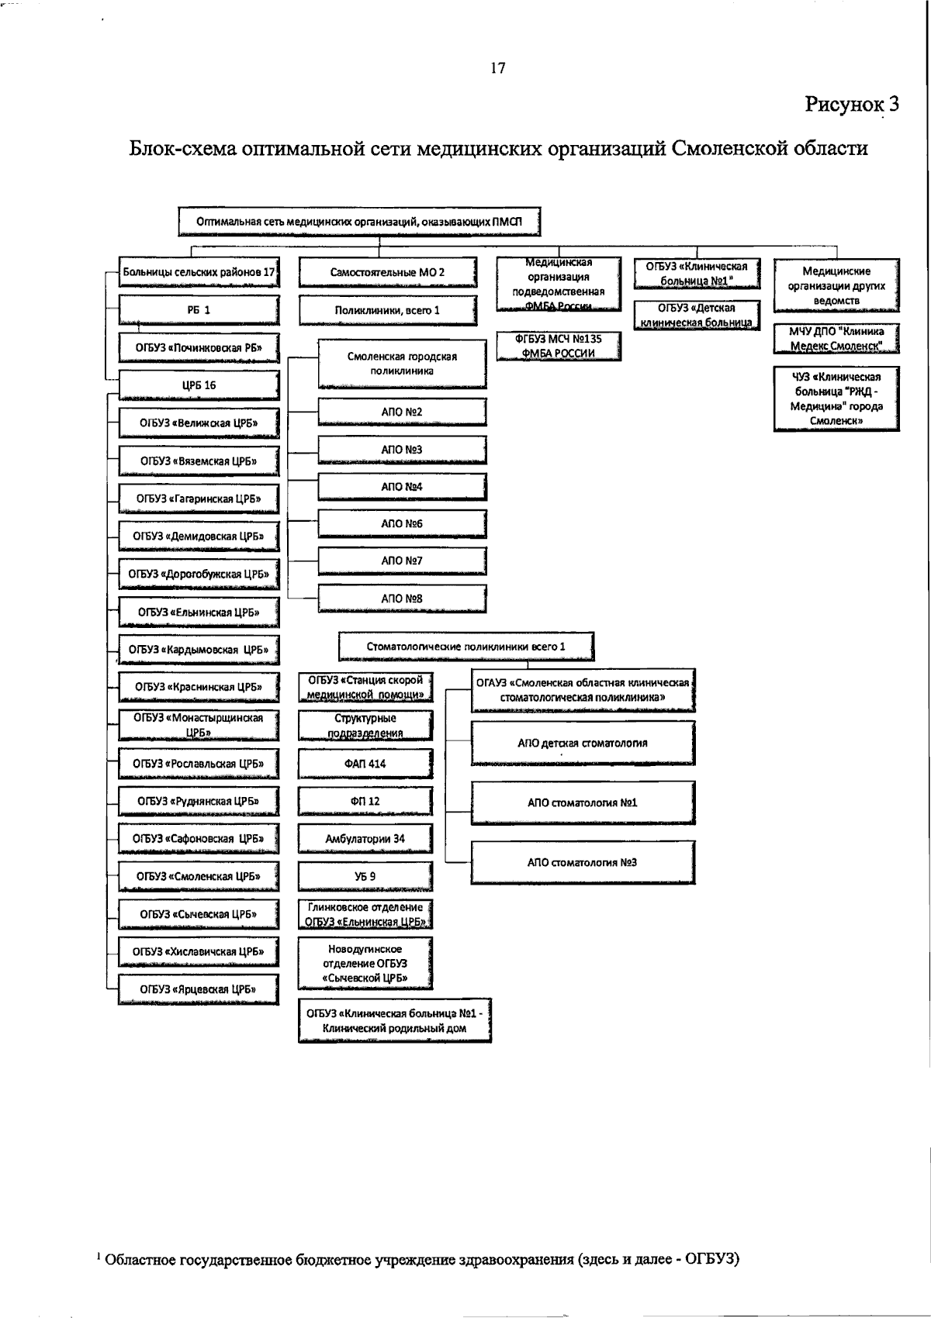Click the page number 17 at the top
click(498, 68)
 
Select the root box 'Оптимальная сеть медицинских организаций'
click(359, 222)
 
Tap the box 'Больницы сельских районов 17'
click(199, 272)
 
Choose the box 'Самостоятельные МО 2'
click(387, 273)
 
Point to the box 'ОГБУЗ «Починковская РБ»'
click(199, 347)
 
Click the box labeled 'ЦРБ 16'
click(199, 385)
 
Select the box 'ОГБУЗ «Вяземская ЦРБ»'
click(199, 461)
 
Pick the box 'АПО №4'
click(402, 487)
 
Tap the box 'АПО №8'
click(402, 599)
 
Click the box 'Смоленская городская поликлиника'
click(402, 364)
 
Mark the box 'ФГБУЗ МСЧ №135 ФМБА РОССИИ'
click(559, 346)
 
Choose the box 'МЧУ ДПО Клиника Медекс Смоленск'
click(836, 339)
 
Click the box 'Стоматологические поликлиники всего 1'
click(466, 647)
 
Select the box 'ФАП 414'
click(365, 764)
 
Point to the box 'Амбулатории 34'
click(365, 839)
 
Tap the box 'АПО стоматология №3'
click(582, 862)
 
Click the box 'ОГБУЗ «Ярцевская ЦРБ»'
click(199, 989)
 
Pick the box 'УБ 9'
click(365, 876)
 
